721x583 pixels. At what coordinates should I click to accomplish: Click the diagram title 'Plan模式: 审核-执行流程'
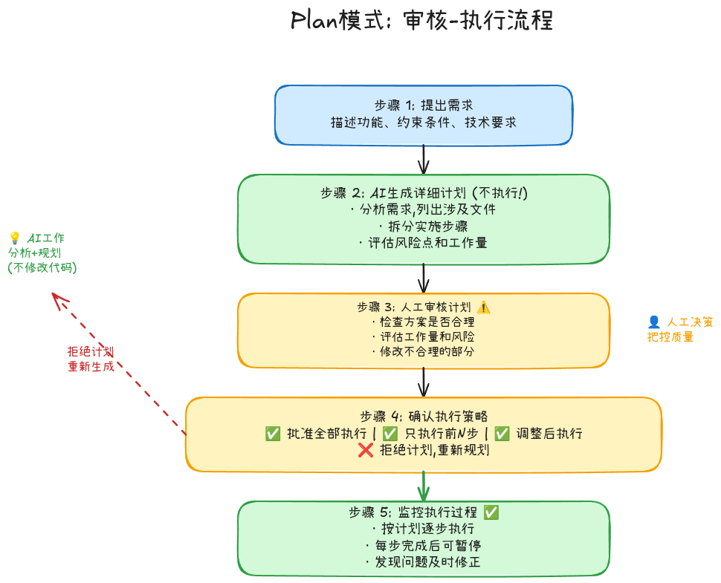click(x=422, y=20)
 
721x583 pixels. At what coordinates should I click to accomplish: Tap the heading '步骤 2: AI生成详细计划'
click(x=424, y=193)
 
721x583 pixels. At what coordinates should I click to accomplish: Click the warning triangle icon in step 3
click(x=484, y=307)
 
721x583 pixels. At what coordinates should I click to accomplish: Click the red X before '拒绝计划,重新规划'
click(x=365, y=449)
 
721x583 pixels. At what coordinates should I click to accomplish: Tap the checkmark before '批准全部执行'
click(x=272, y=433)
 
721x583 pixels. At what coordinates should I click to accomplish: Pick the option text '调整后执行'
click(x=548, y=433)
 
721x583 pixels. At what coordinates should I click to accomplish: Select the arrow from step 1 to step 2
click(x=424, y=159)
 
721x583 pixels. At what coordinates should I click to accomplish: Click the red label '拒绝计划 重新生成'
click(x=91, y=359)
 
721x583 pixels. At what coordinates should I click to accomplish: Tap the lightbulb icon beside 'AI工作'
click(x=14, y=238)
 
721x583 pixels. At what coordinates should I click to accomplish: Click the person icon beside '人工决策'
click(x=654, y=322)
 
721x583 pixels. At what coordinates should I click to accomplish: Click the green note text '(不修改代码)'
click(x=42, y=267)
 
